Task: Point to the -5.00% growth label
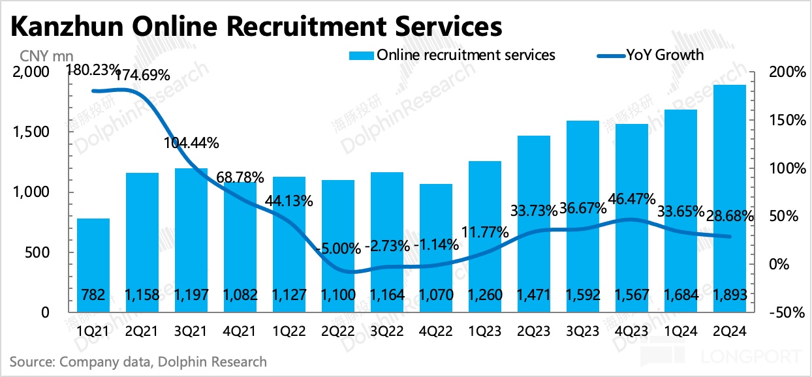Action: [337, 248]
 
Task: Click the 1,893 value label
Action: [730, 295]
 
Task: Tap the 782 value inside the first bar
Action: [93, 295]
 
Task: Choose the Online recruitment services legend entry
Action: [465, 55]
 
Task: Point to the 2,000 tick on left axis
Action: [31, 72]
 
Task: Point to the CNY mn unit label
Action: [37, 55]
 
